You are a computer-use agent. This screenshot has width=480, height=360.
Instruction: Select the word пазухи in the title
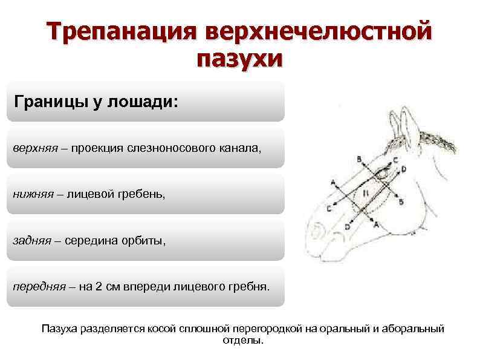click(239, 59)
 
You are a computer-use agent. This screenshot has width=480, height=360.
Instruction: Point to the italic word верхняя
click(35, 148)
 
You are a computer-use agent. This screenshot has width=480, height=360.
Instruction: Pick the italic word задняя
click(33, 241)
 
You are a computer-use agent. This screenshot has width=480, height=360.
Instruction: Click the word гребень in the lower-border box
click(143, 194)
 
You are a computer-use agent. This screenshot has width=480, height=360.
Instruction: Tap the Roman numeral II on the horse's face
click(366, 192)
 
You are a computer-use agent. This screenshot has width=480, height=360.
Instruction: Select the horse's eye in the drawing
click(384, 175)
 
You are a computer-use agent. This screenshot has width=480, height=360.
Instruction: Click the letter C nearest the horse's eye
click(395, 160)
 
